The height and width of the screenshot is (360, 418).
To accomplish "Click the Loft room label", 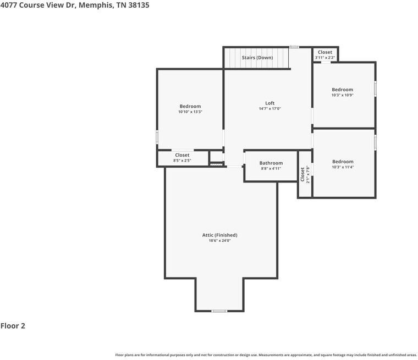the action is point(270,103).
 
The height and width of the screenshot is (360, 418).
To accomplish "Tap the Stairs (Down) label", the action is point(257,58).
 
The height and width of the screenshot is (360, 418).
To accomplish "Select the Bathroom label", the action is point(271,163).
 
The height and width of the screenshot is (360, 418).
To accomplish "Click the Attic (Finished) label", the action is point(219,235).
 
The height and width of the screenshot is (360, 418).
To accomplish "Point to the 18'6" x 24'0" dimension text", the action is point(219,241).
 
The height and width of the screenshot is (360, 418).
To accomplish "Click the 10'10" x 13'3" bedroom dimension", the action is point(190,112).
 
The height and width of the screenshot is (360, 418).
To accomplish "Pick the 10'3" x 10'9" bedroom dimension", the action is point(343,95).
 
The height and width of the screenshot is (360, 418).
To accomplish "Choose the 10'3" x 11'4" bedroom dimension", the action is point(343,167).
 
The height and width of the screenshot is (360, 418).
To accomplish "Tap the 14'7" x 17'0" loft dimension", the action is point(270,108).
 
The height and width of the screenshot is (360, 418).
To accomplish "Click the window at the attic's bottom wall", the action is point(219,311).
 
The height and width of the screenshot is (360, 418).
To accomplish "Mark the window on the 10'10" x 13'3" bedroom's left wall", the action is point(157,137).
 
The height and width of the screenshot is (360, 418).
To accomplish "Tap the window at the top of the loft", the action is point(294,47).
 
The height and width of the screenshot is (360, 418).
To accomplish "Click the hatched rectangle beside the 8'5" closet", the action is point(216,165).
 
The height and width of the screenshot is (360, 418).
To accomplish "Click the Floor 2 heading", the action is point(13,326).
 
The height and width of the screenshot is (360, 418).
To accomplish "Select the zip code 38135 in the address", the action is point(139,5).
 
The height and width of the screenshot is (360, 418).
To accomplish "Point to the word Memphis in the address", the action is point(96,5).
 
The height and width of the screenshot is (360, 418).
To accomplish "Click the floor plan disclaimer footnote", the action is point(266,355).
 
